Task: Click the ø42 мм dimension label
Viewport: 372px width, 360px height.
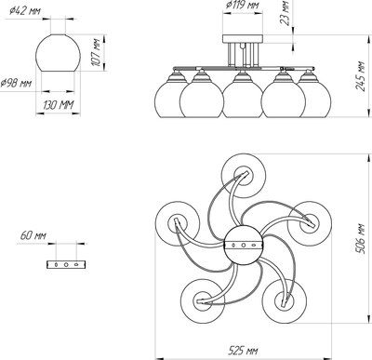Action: click(25, 11)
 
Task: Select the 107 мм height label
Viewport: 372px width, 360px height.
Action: click(97, 52)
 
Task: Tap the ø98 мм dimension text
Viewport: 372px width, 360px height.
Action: click(16, 83)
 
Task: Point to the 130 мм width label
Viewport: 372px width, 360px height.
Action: click(58, 105)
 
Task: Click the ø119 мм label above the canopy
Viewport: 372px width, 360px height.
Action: click(243, 5)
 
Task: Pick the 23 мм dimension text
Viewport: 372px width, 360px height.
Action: click(285, 13)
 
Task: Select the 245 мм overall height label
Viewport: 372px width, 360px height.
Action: click(360, 76)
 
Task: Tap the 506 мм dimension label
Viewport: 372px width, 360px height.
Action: click(362, 238)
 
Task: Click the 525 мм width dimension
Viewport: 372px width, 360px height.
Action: click(243, 351)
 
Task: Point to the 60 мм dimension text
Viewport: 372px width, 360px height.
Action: click(33, 235)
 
